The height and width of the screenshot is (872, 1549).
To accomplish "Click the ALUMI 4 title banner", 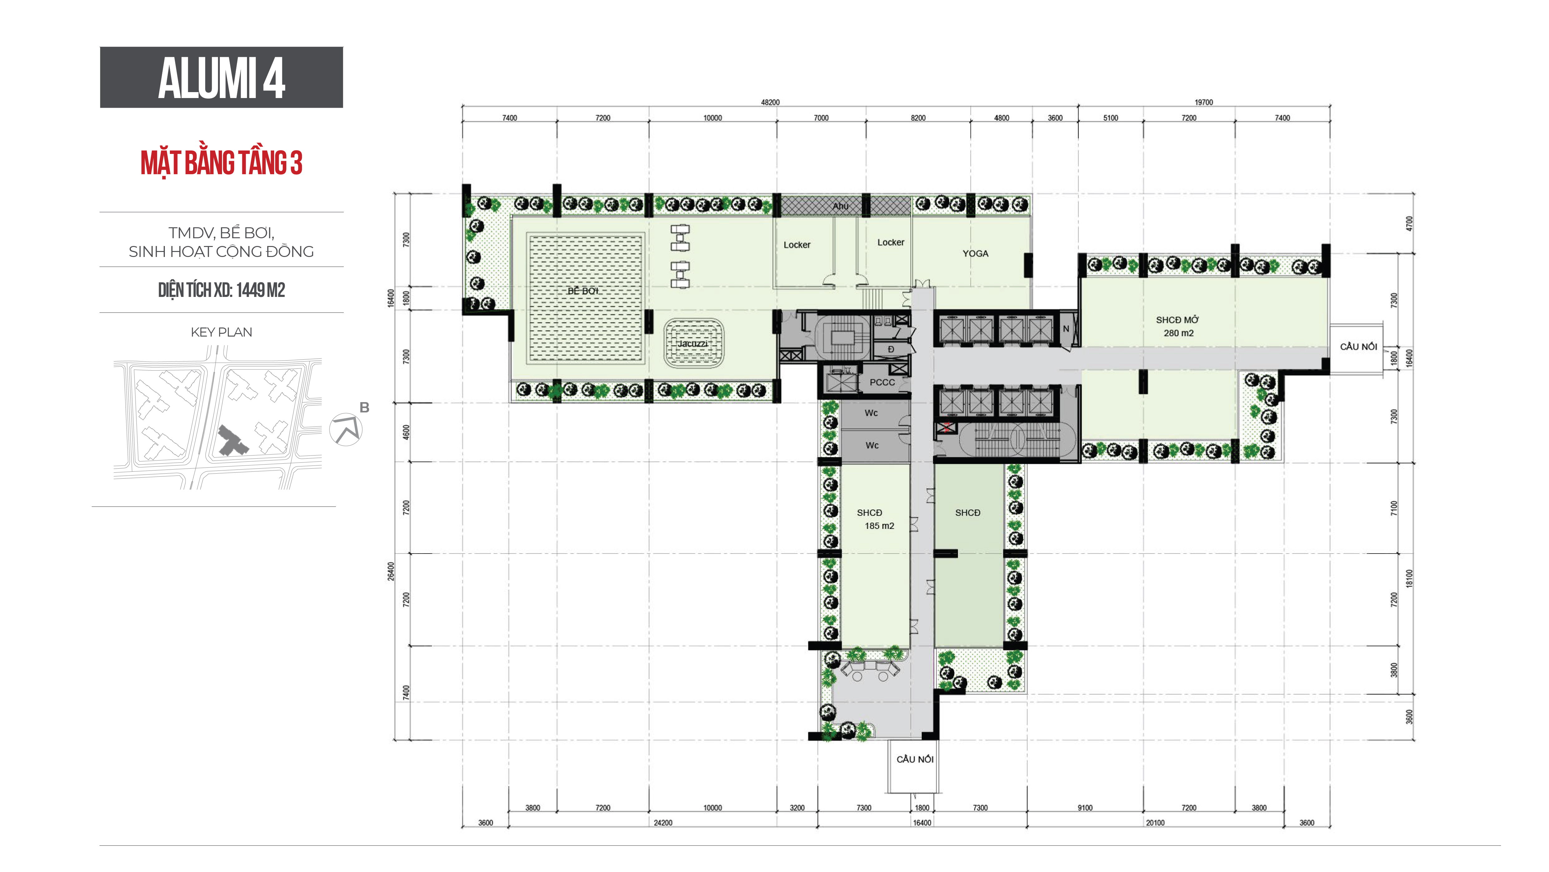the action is (221, 77).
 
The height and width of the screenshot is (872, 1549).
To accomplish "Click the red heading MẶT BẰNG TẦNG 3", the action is (221, 162).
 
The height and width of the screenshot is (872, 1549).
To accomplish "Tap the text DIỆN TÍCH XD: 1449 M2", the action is (221, 290).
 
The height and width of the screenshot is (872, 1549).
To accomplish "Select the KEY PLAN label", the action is (221, 332).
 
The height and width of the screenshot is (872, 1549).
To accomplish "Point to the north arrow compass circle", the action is (346, 429).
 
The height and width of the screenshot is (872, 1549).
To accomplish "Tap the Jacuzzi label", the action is (693, 343).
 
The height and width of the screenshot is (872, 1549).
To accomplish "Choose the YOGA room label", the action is (975, 253).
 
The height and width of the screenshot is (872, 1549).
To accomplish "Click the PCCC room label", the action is (882, 382).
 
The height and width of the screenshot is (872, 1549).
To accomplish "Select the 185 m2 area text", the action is (879, 526).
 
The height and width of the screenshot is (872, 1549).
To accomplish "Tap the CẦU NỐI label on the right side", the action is (1359, 346).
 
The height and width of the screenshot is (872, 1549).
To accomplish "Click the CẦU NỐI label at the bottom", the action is (915, 759).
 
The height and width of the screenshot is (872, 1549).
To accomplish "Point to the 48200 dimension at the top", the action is (770, 102).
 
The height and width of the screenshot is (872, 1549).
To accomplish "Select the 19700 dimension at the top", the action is (1204, 102).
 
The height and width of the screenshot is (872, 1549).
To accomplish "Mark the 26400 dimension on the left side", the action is (391, 571).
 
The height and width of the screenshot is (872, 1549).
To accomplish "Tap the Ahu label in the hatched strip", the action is (841, 206).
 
